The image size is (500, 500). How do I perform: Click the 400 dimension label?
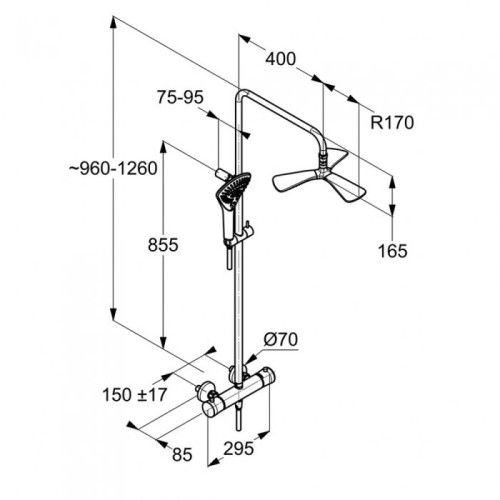coord(280,59)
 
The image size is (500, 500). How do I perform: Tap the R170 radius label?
coord(392,122)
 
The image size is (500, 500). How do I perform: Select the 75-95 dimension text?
coord(180,97)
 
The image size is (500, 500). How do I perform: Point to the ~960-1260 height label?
coord(113,168)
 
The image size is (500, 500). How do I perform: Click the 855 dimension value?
coord(163,245)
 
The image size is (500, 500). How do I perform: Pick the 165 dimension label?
coord(392,251)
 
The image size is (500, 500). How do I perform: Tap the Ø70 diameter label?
coord(281,340)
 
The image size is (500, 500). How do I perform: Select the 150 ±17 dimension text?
coord(134,395)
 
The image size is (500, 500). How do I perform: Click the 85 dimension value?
coord(182,454)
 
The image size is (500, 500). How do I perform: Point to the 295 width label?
coord(238,448)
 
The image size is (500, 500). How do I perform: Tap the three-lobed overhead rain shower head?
coord(320,177)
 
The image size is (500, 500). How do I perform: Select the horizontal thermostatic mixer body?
coord(238,393)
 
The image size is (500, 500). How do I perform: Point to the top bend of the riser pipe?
coord(242,93)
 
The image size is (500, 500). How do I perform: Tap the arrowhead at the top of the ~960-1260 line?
coord(113,23)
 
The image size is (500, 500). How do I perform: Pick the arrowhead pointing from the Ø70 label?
coord(252,358)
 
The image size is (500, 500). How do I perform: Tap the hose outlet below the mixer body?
coord(238,417)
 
